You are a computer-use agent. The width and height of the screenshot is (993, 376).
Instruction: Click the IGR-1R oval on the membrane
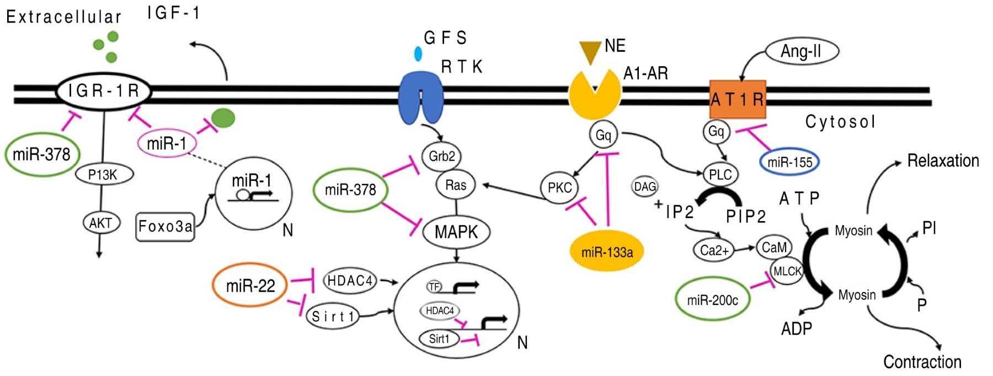[104, 91]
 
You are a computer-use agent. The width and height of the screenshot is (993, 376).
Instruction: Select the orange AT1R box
[737, 99]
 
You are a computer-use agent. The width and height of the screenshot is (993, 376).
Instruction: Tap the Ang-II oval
[802, 51]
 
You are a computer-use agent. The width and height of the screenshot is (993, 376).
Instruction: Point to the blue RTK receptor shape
[420, 99]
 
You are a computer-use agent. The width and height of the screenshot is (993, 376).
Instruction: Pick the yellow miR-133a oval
[607, 253]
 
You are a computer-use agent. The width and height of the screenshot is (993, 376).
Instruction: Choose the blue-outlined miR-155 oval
[789, 162]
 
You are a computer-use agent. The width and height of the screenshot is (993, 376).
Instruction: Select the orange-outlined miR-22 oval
[250, 286]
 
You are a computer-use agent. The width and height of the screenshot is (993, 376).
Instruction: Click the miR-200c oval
[712, 300]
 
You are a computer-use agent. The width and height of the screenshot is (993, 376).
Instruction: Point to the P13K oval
[104, 175]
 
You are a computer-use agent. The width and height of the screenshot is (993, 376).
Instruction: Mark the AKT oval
[101, 223]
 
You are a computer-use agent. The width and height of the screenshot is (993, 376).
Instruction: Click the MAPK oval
[456, 232]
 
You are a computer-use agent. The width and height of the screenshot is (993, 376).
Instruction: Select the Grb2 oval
[441, 156]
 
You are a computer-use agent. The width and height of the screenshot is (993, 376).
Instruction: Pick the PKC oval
[559, 187]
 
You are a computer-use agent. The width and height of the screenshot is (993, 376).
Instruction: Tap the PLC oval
[720, 175]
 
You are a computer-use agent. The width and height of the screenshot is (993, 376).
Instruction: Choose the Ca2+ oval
[714, 250]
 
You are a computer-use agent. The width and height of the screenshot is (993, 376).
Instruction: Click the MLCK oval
[787, 271]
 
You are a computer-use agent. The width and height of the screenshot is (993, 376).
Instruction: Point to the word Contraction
[922, 362]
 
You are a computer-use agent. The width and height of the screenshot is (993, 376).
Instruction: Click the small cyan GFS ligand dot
[418, 53]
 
